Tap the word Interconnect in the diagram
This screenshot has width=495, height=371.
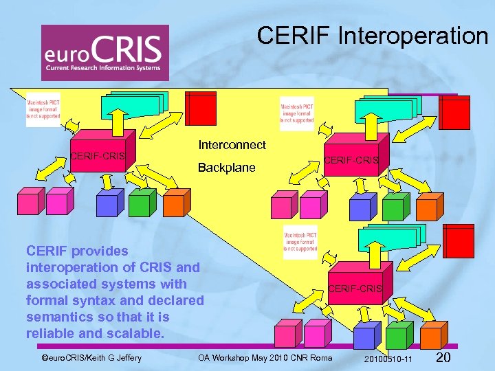[232, 145]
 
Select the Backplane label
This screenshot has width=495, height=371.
[226, 168]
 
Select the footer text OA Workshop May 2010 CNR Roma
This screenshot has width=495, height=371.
[265, 358]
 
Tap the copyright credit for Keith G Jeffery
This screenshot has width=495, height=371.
[91, 358]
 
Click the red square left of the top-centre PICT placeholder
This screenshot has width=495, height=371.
[202, 109]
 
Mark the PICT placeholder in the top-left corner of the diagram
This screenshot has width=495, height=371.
[43, 106]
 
